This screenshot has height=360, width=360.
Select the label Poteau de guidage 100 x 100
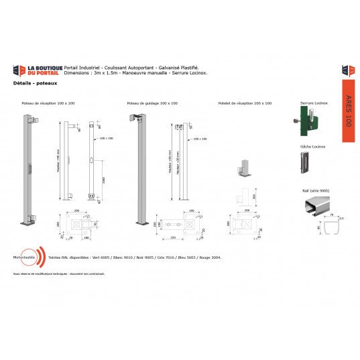click(x=152, y=104)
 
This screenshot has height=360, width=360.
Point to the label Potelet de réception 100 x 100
click(x=245, y=104)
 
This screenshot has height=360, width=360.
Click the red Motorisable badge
click(x=27, y=257)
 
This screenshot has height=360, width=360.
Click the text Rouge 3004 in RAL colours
click(x=210, y=257)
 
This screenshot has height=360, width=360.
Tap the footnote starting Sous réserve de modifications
click(x=50, y=274)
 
